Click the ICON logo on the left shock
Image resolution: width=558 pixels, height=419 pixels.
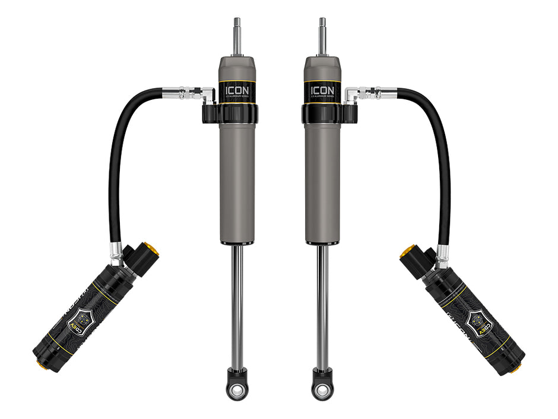237,91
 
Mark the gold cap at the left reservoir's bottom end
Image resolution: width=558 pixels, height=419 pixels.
41,364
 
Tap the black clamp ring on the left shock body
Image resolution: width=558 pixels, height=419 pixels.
237,114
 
